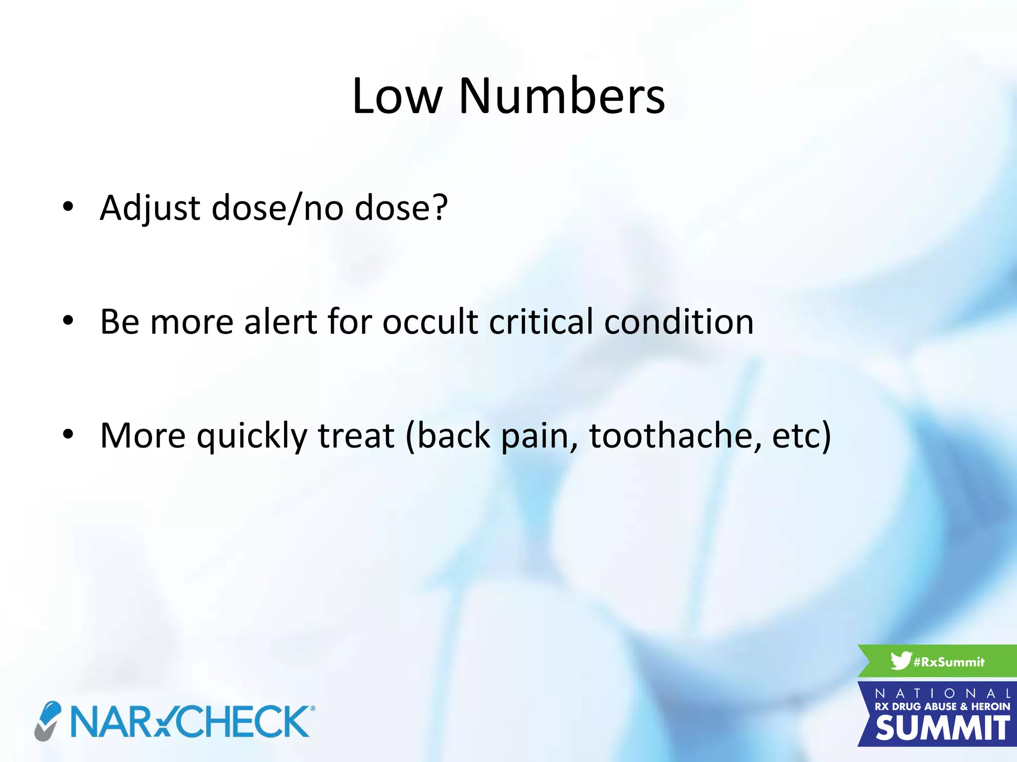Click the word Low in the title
397,96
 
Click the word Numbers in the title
562,96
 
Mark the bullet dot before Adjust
68,206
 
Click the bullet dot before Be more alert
68,320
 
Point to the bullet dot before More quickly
68,435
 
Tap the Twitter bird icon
900,661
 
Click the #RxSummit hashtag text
949,662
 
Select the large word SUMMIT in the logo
942,729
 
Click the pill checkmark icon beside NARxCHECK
48,720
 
